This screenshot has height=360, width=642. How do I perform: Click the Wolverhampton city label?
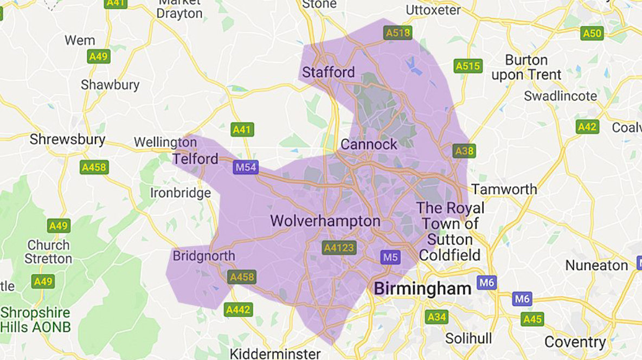(325, 221)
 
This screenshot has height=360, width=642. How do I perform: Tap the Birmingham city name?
(422, 288)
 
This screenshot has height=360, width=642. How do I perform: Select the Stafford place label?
(329, 72)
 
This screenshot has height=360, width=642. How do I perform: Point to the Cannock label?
(369, 144)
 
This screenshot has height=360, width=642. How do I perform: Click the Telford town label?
(195, 159)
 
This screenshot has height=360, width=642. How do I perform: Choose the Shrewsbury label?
(67, 139)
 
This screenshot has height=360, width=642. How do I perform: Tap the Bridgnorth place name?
(204, 256)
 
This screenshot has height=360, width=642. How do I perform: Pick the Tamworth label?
(504, 189)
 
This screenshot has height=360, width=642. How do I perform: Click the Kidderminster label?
(275, 354)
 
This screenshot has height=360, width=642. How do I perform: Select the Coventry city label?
(575, 342)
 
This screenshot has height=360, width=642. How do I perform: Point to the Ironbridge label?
(180, 193)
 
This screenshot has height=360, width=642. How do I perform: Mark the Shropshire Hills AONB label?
(35, 320)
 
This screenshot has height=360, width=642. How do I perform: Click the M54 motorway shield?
(245, 167)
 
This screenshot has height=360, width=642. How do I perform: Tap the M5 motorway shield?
(390, 257)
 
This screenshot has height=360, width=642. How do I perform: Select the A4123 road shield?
(338, 248)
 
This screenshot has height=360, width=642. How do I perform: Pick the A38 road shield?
(464, 151)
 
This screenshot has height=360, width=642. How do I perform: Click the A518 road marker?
(398, 33)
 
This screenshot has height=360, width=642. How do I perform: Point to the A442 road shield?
(238, 310)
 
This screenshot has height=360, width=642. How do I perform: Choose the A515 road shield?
(468, 66)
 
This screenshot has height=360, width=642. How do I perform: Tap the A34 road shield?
(436, 317)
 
